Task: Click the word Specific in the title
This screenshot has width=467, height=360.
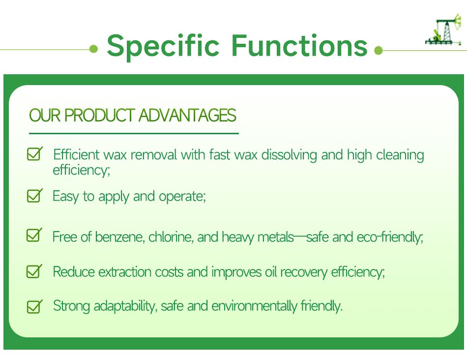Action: click(x=163, y=45)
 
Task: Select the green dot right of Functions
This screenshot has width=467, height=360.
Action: click(x=378, y=50)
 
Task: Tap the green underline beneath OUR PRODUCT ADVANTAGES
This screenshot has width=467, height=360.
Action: click(x=134, y=133)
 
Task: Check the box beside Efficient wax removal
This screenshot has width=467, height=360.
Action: click(x=34, y=154)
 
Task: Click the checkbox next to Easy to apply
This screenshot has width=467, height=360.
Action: click(x=34, y=196)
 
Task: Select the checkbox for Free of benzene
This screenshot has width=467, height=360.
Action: click(x=34, y=236)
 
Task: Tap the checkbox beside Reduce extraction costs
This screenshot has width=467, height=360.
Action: click(x=34, y=271)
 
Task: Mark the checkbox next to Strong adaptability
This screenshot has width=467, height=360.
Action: click(x=34, y=306)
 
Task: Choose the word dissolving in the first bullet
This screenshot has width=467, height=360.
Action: click(x=290, y=155)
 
